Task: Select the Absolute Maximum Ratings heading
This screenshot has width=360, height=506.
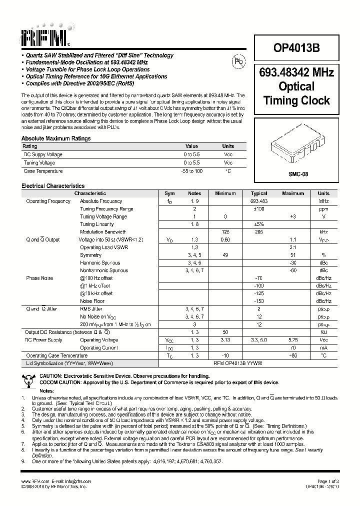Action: [56, 138]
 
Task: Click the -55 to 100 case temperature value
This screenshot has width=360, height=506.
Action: [192, 171]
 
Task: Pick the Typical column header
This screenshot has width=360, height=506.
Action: [259, 193]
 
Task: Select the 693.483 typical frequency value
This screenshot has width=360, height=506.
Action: [259, 201]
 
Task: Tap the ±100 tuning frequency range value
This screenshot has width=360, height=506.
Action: [259, 209]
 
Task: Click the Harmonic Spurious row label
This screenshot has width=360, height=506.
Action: [100, 262]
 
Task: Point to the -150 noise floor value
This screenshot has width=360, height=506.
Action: [259, 301]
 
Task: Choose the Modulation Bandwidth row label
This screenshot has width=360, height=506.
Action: [103, 232]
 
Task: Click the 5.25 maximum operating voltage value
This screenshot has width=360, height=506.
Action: [293, 340]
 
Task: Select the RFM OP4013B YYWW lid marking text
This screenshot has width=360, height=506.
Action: [237, 363]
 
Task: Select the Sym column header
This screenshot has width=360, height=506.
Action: [169, 193]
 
